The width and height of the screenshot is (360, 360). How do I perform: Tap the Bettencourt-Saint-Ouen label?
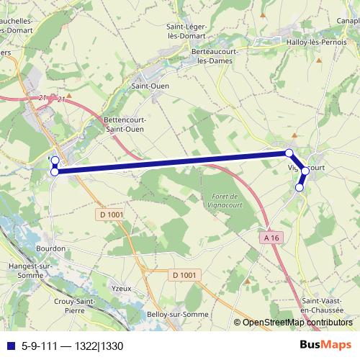tap(124, 124)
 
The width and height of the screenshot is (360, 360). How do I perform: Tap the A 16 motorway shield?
tap(271, 237)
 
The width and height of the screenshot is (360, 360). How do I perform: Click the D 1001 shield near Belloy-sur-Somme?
tap(185, 274)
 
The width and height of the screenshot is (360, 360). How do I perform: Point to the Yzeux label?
tap(122, 288)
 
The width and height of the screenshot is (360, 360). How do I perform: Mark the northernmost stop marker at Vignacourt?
tap(289, 153)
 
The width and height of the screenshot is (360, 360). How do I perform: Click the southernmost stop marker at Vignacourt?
tap(300, 187)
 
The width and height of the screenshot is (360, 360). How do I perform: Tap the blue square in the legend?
tap(11, 346)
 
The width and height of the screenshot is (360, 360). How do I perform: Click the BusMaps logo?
tap(325, 345)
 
